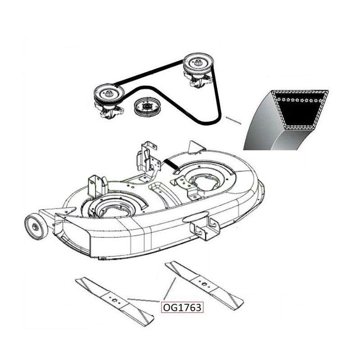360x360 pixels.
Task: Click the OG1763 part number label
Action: [x=182, y=307]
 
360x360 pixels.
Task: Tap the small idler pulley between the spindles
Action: [x=145, y=108]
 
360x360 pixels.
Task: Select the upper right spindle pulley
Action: [x=198, y=63]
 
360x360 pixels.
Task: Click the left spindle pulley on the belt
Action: [x=109, y=93]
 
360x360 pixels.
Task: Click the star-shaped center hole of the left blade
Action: [x=114, y=300]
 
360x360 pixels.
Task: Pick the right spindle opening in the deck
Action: [x=206, y=181]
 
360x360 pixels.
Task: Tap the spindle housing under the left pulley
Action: [x=109, y=111]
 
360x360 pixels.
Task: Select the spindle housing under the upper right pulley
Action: [x=199, y=80]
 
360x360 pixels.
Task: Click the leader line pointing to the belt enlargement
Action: [x=233, y=121]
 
